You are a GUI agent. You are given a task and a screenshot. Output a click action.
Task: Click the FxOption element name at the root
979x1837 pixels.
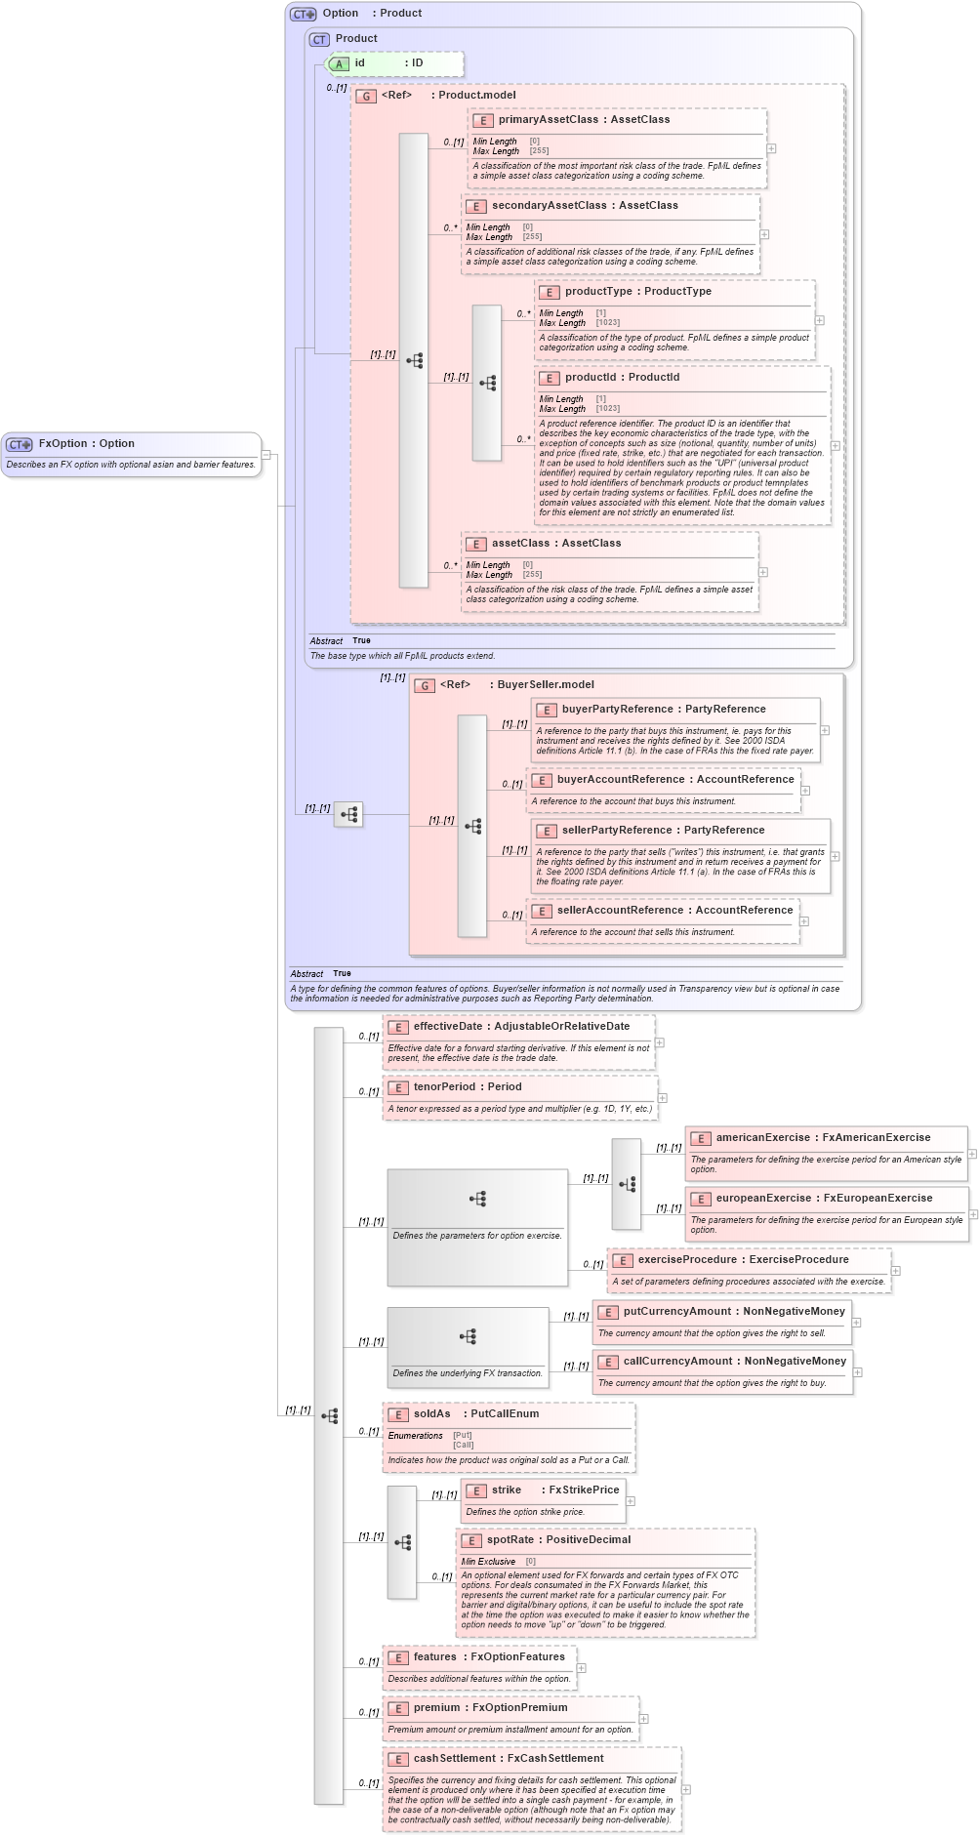62,443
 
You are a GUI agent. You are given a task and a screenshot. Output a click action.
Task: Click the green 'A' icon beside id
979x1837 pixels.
339,63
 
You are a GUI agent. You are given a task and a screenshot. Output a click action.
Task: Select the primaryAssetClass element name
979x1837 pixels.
548,119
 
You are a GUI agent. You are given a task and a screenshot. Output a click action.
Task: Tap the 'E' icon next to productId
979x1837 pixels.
549,378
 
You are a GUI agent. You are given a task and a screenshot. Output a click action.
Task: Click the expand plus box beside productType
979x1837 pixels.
819,320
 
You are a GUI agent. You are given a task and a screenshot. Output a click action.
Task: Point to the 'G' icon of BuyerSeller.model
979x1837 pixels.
425,685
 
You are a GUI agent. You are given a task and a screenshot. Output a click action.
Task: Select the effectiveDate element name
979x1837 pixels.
447,1027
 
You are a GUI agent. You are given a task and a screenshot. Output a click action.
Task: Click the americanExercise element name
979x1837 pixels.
762,1138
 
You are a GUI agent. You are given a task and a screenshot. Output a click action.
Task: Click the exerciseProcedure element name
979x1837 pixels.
687,1260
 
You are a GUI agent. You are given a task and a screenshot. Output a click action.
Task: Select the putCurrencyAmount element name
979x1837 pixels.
676,1312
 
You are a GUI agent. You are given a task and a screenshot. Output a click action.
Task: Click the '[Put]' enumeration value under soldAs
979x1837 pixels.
462,1436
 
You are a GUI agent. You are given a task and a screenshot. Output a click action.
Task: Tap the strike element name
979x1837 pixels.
506,1490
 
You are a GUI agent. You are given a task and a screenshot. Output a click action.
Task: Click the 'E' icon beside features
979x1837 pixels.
397,1657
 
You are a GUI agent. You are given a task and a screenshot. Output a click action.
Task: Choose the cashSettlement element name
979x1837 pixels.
454,1759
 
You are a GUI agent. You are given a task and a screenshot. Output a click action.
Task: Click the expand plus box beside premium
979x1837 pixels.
643,1719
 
